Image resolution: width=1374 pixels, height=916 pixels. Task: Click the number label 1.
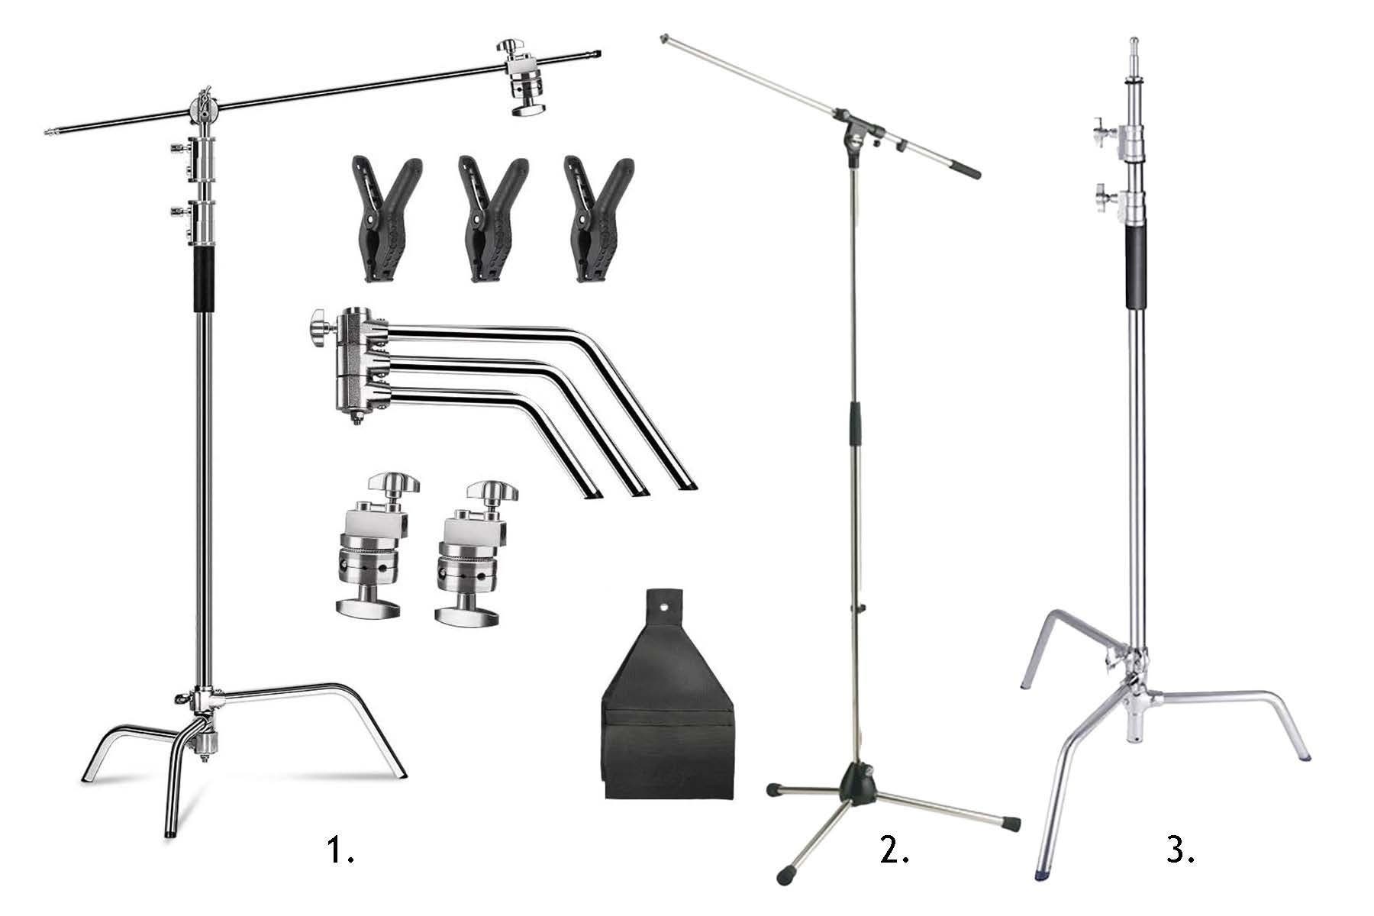[x=340, y=850]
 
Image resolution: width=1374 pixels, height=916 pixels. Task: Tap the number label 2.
[x=894, y=850]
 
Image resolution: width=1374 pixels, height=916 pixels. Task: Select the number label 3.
[x=1180, y=850]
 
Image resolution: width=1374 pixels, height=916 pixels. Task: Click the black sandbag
[x=669, y=710]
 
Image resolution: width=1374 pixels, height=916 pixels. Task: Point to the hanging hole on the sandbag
[x=669, y=608]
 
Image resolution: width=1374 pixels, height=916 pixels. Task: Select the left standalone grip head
[x=373, y=544]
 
